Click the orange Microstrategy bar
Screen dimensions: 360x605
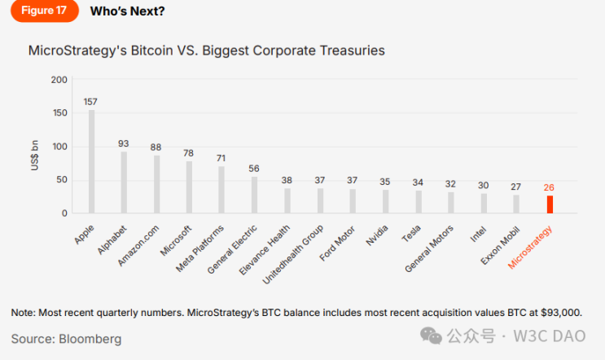pyautogui.click(x=550, y=204)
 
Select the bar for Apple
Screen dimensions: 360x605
pyautogui.click(x=91, y=161)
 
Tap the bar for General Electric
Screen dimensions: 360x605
pyautogui.click(x=254, y=195)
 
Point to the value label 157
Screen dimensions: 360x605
pyautogui.click(x=91, y=102)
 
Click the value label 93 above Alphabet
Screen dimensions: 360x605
pyautogui.click(x=124, y=143)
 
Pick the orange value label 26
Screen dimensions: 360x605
pyautogui.click(x=550, y=187)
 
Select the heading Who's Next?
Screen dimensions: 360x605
pyautogui.click(x=125, y=11)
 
